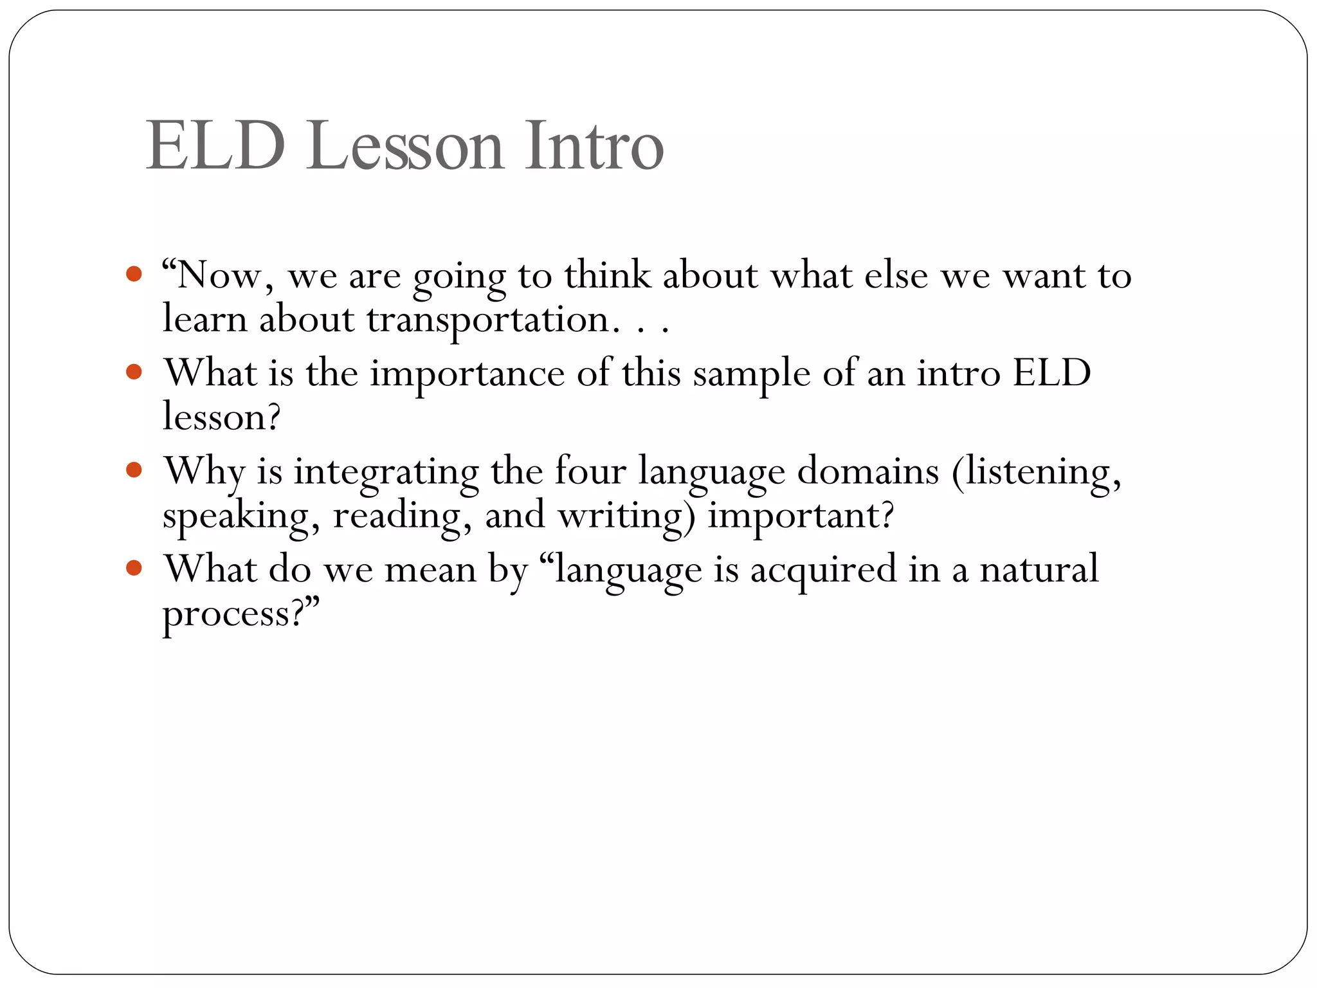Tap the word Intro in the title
[x=594, y=147]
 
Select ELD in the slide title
[x=215, y=147]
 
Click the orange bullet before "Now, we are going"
[x=134, y=274]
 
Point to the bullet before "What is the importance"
[x=134, y=372]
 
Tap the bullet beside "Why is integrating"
[x=134, y=470]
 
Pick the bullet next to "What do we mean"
[x=134, y=567]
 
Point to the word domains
[x=868, y=471]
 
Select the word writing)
[x=626, y=517]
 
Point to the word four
[x=590, y=471]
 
